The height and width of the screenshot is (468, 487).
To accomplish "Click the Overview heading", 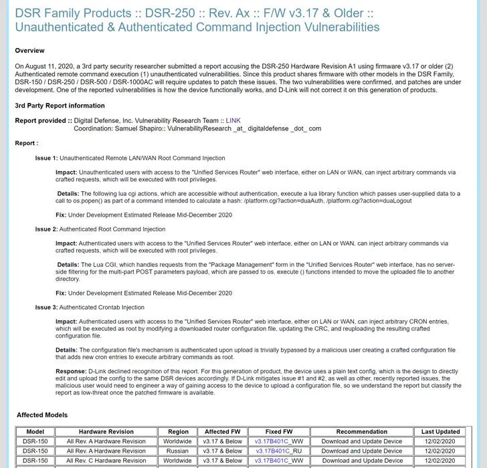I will coord(30,51).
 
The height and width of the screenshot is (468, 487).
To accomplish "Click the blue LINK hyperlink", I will coord(233,120).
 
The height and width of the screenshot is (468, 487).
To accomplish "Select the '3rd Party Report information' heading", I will coord(60,106).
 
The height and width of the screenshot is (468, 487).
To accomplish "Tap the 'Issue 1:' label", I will coord(46,158).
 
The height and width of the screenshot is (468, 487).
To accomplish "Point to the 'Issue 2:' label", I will coord(46,229).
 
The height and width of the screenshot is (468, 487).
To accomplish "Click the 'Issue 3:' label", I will coord(46,308).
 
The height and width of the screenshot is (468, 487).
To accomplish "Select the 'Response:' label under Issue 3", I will coord(71,371).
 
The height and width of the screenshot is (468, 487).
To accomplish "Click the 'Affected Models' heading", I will coord(42,415).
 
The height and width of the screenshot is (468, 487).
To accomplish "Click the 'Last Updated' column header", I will coord(441,432).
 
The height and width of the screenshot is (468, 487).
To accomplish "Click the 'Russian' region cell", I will coord(177,451).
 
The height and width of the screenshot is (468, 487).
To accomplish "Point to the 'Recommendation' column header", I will coord(362,432).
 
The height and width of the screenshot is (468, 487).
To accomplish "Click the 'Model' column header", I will coord(35,432).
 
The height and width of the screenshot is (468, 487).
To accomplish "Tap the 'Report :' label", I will coord(27,144).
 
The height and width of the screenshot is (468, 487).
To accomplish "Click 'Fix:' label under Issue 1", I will coord(61,215).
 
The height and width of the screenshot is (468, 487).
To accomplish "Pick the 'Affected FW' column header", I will coord(222,432).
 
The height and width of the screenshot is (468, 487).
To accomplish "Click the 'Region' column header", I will coord(178,432).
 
